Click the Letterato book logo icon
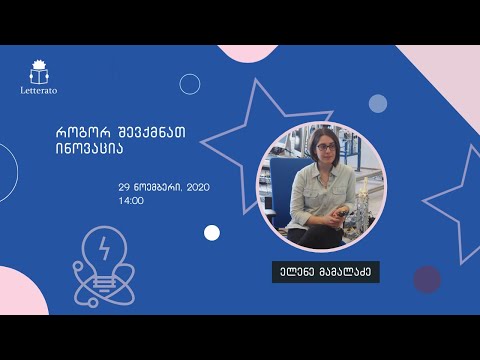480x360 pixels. pos(41,71)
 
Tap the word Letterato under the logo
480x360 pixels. pos(41,90)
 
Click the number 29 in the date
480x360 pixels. pos(125,187)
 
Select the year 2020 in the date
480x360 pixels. pos(199,187)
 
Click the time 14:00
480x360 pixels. pos(131,200)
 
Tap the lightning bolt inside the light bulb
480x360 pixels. pos(105,245)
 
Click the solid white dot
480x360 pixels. pos(212,233)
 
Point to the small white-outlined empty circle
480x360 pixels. pos(190,84)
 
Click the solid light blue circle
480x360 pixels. pos(377,103)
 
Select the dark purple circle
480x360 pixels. pos(427,279)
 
